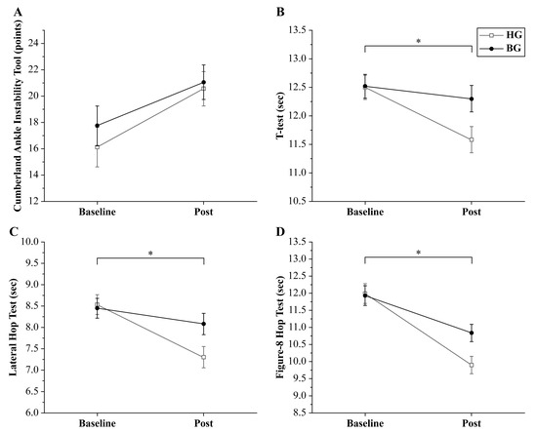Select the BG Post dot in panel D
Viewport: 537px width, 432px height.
point(472,333)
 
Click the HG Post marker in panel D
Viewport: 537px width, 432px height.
point(472,365)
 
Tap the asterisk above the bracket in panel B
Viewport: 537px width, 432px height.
point(418,42)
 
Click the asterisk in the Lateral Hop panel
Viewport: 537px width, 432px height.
point(149,255)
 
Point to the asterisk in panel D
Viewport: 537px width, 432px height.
point(418,255)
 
